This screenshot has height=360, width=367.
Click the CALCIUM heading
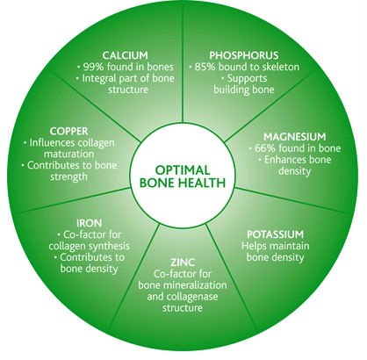click(x=125, y=55)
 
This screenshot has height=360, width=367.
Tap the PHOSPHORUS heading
click(x=244, y=55)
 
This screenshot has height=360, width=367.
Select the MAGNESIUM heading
click(x=295, y=136)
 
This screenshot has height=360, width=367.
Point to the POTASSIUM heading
click(x=276, y=234)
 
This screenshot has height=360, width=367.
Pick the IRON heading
click(x=90, y=223)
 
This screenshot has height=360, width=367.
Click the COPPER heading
click(x=68, y=131)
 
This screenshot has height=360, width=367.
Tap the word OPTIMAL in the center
click(x=183, y=170)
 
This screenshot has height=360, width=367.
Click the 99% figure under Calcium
click(x=94, y=67)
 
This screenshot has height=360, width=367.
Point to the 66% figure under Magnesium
click(x=265, y=148)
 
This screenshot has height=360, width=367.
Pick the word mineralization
click(x=195, y=284)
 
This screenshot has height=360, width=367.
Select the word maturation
click(x=68, y=154)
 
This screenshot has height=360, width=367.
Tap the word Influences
click(x=52, y=142)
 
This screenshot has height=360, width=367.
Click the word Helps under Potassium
click(x=254, y=246)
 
